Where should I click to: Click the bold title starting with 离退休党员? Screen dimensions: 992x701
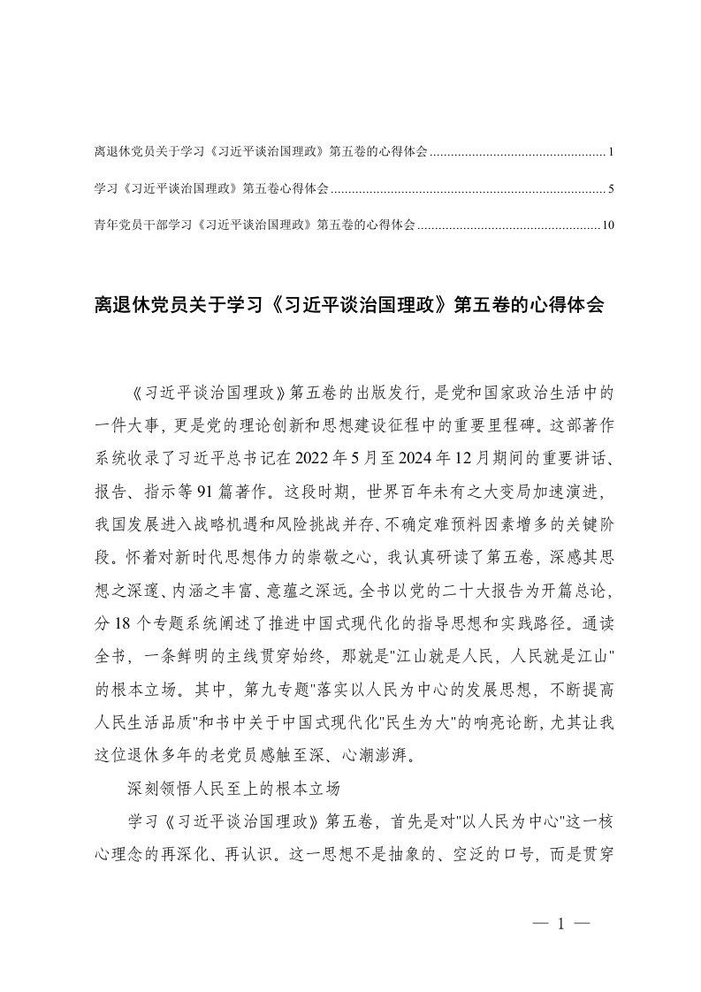click(349, 305)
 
